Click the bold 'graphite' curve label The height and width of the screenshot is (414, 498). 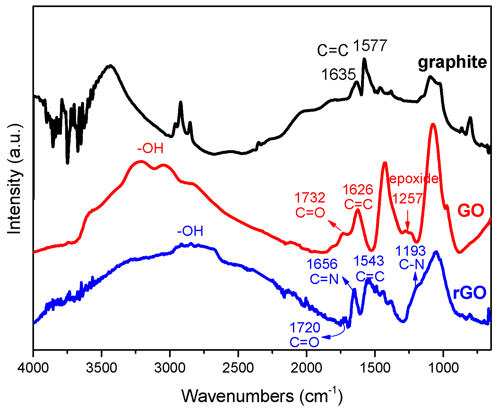coord(452,63)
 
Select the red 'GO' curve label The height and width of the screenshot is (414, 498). coord(470,211)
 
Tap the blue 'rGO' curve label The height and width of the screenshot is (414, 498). coord(469,293)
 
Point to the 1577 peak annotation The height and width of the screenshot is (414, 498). coord(370,46)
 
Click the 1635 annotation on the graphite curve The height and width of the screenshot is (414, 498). coord(339,75)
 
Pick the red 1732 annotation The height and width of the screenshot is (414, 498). coord(310,198)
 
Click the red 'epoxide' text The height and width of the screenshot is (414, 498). coord(413,178)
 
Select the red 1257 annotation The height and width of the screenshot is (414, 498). coord(408,199)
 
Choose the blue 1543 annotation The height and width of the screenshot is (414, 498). coord(369,261)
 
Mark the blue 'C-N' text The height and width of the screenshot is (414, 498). coord(411,265)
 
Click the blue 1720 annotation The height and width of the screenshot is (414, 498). coord(305,328)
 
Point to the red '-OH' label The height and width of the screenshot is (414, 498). coord(150,149)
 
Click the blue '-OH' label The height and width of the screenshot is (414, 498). coord(190,231)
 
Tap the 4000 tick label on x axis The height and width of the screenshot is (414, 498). coord(33,368)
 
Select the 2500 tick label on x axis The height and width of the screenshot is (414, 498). coord(238,368)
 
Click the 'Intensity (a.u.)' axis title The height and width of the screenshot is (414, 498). coord(14,179)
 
